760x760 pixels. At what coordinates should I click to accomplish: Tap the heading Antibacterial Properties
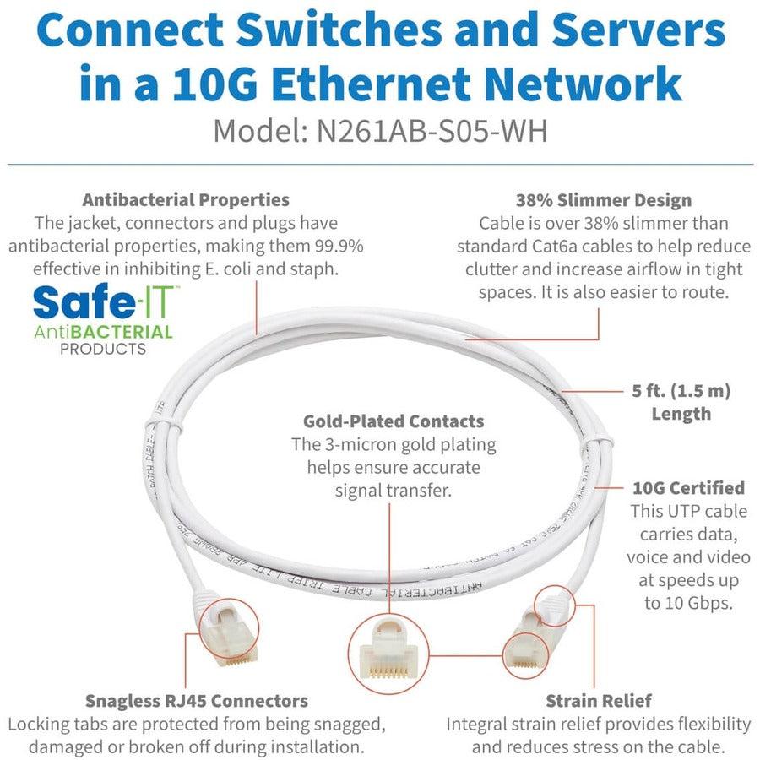[186, 200]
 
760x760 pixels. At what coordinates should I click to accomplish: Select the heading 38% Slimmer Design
[604, 200]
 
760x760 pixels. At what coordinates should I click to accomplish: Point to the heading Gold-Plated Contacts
[394, 421]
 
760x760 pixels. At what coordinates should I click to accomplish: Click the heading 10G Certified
[688, 487]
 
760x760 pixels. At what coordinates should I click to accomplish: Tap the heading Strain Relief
[598, 700]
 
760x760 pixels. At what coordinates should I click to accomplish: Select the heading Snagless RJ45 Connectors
[197, 700]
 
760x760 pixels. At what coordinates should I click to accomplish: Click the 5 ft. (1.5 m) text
[680, 391]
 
